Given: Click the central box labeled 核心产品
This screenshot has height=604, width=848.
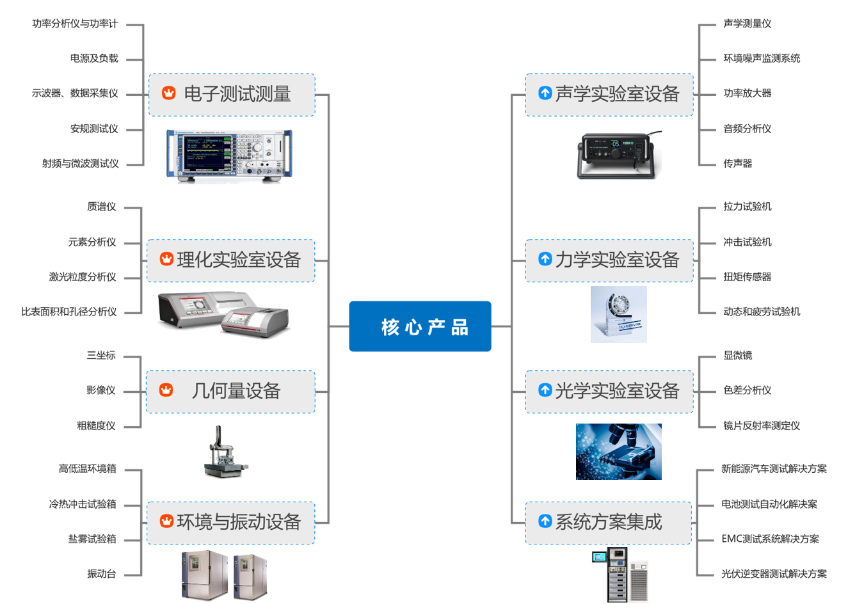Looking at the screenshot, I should pos(420,326).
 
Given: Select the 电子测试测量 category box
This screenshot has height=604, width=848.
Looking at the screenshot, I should pos(232,95).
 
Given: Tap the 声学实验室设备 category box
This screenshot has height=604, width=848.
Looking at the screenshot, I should pos(609,95).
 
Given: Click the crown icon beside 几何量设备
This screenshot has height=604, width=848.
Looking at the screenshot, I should pos(166,390).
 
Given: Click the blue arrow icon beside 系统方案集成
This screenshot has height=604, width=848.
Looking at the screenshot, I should pos(545,521).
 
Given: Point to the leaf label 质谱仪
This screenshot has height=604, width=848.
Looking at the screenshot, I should pos(102,207).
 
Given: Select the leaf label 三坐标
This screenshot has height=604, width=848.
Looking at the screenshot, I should pos(101,355).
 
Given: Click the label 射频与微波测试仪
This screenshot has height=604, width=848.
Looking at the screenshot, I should pos(81,164).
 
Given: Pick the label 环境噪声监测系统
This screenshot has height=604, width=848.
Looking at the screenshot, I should pos(761,58).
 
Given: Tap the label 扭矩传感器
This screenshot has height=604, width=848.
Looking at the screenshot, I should pos(747,277).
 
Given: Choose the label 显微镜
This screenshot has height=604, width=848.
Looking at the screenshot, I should pos(737,356).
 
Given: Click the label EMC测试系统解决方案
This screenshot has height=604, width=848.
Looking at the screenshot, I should pos(769,539).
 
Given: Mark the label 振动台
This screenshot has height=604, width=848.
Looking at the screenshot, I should pos(102,574).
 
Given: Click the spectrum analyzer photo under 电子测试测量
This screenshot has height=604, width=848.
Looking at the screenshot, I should pos(229,155).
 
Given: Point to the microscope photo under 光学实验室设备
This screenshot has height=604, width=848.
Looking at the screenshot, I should pos(618,452).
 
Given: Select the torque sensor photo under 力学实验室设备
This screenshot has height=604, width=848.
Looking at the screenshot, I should pos(618,314).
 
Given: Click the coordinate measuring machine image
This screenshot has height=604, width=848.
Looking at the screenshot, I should pos(223,453).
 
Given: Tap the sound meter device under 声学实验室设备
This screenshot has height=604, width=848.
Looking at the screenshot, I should pos(616,155).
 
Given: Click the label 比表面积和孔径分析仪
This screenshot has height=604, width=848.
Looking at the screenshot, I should pos(69,312).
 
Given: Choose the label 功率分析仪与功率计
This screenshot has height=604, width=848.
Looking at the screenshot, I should pos(75,24).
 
